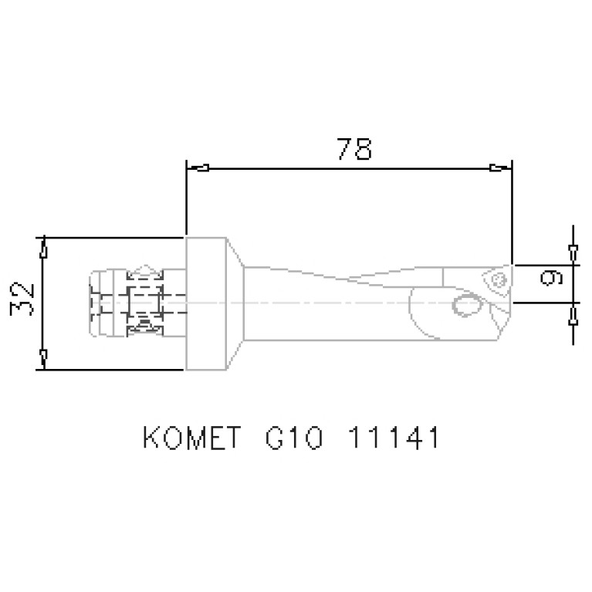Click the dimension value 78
click(354, 148)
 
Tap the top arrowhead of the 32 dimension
click(44, 250)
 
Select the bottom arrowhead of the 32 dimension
click(44, 357)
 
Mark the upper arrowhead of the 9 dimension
click(572, 253)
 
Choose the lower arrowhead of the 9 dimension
click(572, 313)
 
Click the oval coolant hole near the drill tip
click(465, 305)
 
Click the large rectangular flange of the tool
click(205, 303)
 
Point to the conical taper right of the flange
click(235, 303)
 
